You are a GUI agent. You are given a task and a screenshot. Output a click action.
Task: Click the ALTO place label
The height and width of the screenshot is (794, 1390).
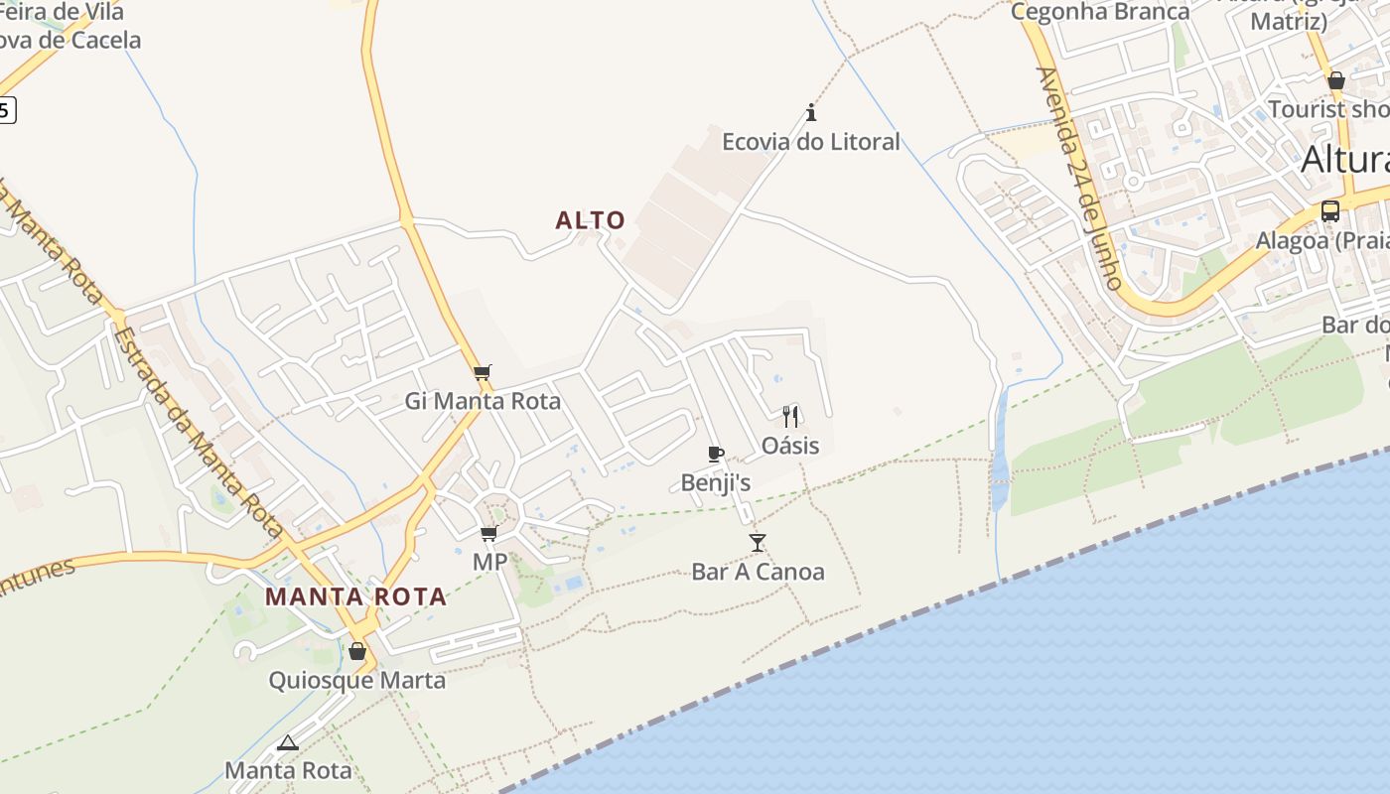pyautogui.click(x=591, y=220)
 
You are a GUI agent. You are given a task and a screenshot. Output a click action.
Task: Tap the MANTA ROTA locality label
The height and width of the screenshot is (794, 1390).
pyautogui.click(x=355, y=597)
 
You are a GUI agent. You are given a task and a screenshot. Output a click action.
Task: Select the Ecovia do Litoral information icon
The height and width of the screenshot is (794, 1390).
pyautogui.click(x=811, y=112)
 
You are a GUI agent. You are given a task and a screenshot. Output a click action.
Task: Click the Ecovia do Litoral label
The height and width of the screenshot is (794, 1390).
pyautogui.click(x=810, y=142)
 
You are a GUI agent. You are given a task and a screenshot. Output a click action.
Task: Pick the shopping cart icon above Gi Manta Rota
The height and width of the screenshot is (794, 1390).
pyautogui.click(x=483, y=373)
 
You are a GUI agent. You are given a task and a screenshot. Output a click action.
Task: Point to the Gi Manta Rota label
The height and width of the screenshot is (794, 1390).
pyautogui.click(x=483, y=402)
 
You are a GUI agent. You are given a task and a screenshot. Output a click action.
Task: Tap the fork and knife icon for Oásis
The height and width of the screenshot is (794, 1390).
pyautogui.click(x=790, y=416)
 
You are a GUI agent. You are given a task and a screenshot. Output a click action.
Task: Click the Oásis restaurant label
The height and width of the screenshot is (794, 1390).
pyautogui.click(x=790, y=446)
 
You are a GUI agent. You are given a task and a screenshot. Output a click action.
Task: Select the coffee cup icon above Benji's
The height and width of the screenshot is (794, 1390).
pyautogui.click(x=716, y=455)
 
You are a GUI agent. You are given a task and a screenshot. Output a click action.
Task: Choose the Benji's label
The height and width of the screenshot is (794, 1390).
pyautogui.click(x=716, y=483)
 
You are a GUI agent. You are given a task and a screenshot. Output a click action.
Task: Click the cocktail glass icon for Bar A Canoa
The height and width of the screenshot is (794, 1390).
pyautogui.click(x=758, y=542)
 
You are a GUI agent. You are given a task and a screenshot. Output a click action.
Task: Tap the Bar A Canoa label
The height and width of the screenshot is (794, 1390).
pyautogui.click(x=758, y=572)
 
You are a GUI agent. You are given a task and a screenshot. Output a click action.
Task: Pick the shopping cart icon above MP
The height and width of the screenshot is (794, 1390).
pyautogui.click(x=489, y=534)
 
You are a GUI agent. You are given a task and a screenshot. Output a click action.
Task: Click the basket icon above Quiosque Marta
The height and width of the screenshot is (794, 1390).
pyautogui.click(x=357, y=652)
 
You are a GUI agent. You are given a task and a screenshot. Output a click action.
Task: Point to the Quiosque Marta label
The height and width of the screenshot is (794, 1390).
pyautogui.click(x=357, y=681)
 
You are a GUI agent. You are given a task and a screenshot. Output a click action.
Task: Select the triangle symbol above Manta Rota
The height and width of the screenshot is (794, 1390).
pyautogui.click(x=288, y=742)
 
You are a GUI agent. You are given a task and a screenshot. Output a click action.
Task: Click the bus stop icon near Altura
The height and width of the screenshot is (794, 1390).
pyautogui.click(x=1330, y=211)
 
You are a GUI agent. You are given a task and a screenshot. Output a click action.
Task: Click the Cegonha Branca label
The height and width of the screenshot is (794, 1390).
pyautogui.click(x=1099, y=12)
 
